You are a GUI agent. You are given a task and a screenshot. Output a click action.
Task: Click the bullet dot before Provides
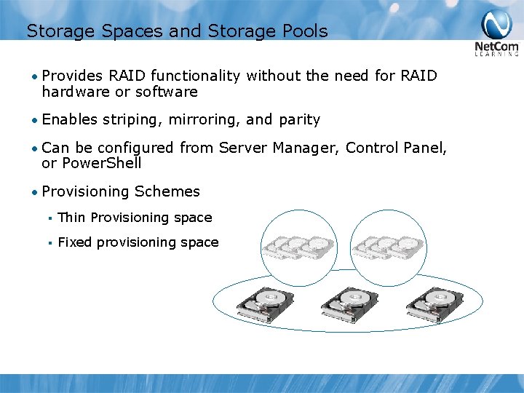[35, 76]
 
